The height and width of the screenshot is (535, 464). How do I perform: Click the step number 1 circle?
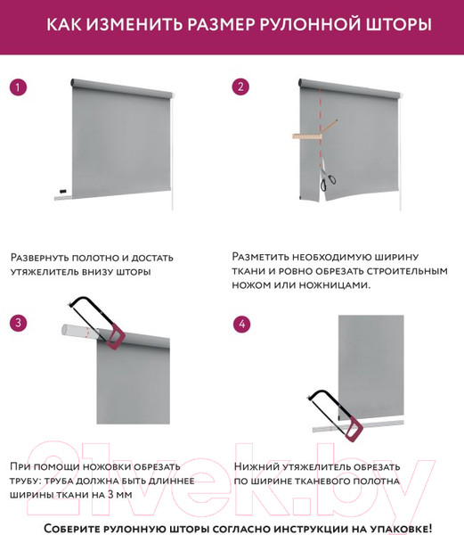[x=17, y=87]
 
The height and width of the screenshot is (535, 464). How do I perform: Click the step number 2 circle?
[x=240, y=87]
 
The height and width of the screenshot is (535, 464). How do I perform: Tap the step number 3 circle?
[x=17, y=323]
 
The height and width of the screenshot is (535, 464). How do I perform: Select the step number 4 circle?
[x=240, y=323]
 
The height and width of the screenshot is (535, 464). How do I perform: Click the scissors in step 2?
[x=328, y=181]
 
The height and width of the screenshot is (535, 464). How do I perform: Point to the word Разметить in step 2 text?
[x=262, y=255]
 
